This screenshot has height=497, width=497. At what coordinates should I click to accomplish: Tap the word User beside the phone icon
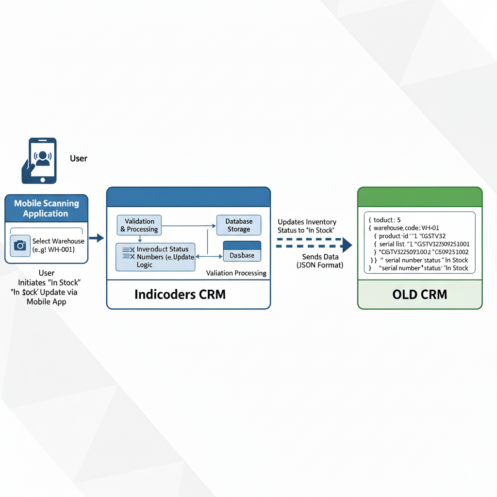[79, 158]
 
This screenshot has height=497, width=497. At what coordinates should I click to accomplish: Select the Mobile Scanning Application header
[46, 209]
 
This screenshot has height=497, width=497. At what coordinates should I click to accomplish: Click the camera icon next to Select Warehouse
[20, 245]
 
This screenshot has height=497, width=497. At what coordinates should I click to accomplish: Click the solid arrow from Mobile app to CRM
[97, 238]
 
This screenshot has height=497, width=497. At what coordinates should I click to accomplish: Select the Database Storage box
[238, 225]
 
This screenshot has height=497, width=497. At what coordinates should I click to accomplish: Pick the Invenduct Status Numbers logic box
[155, 257]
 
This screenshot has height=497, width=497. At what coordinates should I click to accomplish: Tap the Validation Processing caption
[236, 273]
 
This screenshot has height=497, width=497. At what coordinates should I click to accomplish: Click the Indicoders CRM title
[180, 294]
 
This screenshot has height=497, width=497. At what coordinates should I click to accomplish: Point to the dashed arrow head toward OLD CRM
[346, 245]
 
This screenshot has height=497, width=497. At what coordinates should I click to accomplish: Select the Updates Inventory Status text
[307, 226]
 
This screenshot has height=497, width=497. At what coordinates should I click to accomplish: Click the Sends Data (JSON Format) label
[319, 261]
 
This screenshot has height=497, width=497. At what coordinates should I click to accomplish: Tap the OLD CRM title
[420, 294]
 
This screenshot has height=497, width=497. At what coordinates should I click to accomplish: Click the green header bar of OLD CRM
[420, 197]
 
